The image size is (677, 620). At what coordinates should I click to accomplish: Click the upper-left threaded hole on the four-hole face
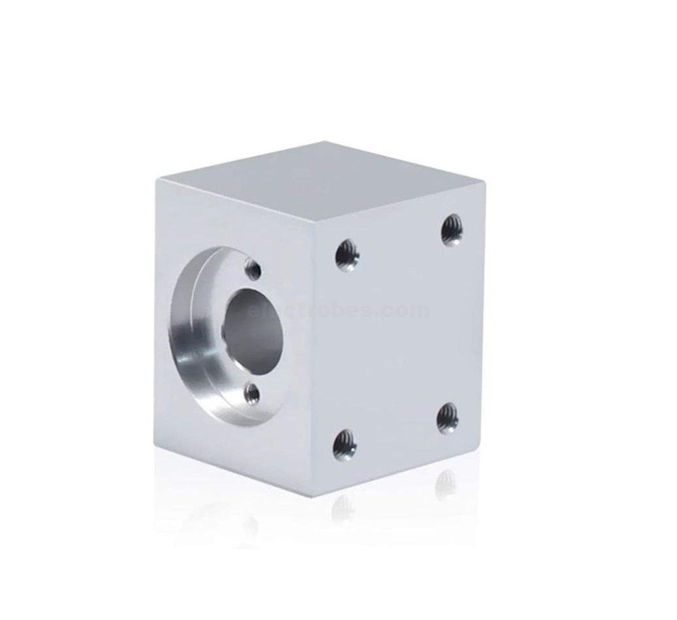pos(347,254)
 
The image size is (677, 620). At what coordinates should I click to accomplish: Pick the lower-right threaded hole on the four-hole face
pos(448,417)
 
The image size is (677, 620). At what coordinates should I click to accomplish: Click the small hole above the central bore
pos(253,269)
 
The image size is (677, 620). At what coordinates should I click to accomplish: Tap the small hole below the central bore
pos(252,394)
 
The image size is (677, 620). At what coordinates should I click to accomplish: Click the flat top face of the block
pos(320,180)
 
